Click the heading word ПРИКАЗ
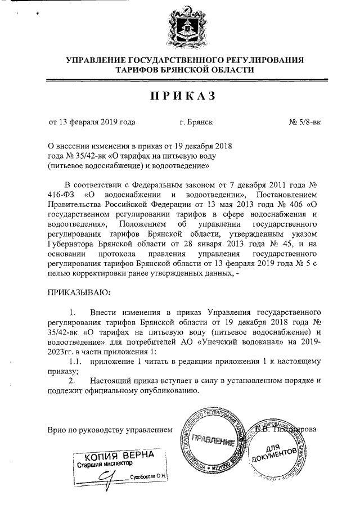click(183, 96)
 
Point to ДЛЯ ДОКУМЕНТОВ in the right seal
click(281, 450)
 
